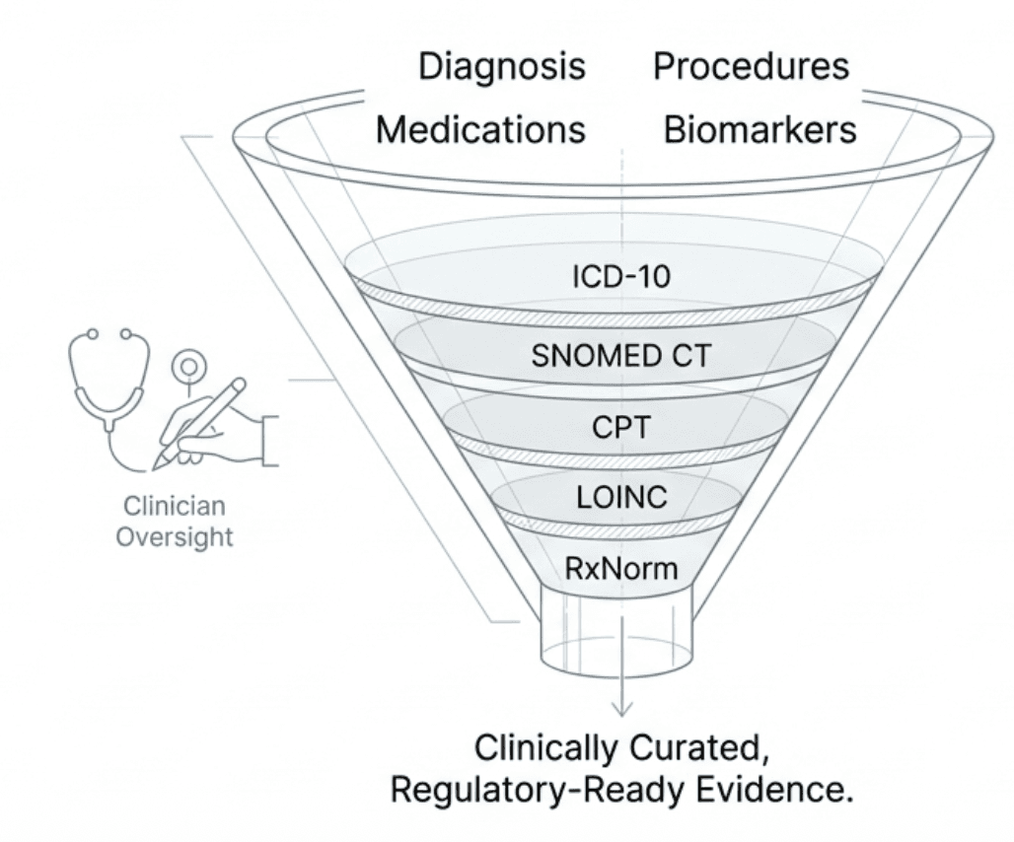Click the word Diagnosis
[x=501, y=68]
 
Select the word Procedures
[x=751, y=66]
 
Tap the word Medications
[x=480, y=130]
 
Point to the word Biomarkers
[x=760, y=130]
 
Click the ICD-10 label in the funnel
[x=620, y=277]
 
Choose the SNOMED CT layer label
[x=620, y=356]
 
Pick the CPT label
[x=620, y=430]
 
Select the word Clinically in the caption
[x=541, y=747]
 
